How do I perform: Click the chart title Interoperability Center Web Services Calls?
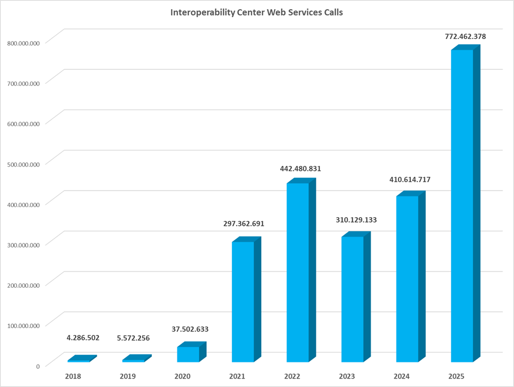pos(256,12)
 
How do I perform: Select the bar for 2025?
pos(462,206)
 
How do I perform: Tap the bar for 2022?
pos(298,272)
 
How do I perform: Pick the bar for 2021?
pos(243,302)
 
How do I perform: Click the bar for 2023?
pos(352,299)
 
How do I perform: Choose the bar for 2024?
pos(407,279)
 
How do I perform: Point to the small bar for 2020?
pos(188,354)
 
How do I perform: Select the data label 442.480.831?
pos(300,169)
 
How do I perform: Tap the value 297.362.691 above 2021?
pos(244,224)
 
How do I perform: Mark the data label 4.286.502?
pos(83,338)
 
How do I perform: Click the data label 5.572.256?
pos(134,338)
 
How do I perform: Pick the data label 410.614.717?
pos(410,180)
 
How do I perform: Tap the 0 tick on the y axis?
pos(37,366)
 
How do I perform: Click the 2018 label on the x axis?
pos(73,376)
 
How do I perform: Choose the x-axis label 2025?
pos(456,376)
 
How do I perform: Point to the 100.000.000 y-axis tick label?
pos(22,325)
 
